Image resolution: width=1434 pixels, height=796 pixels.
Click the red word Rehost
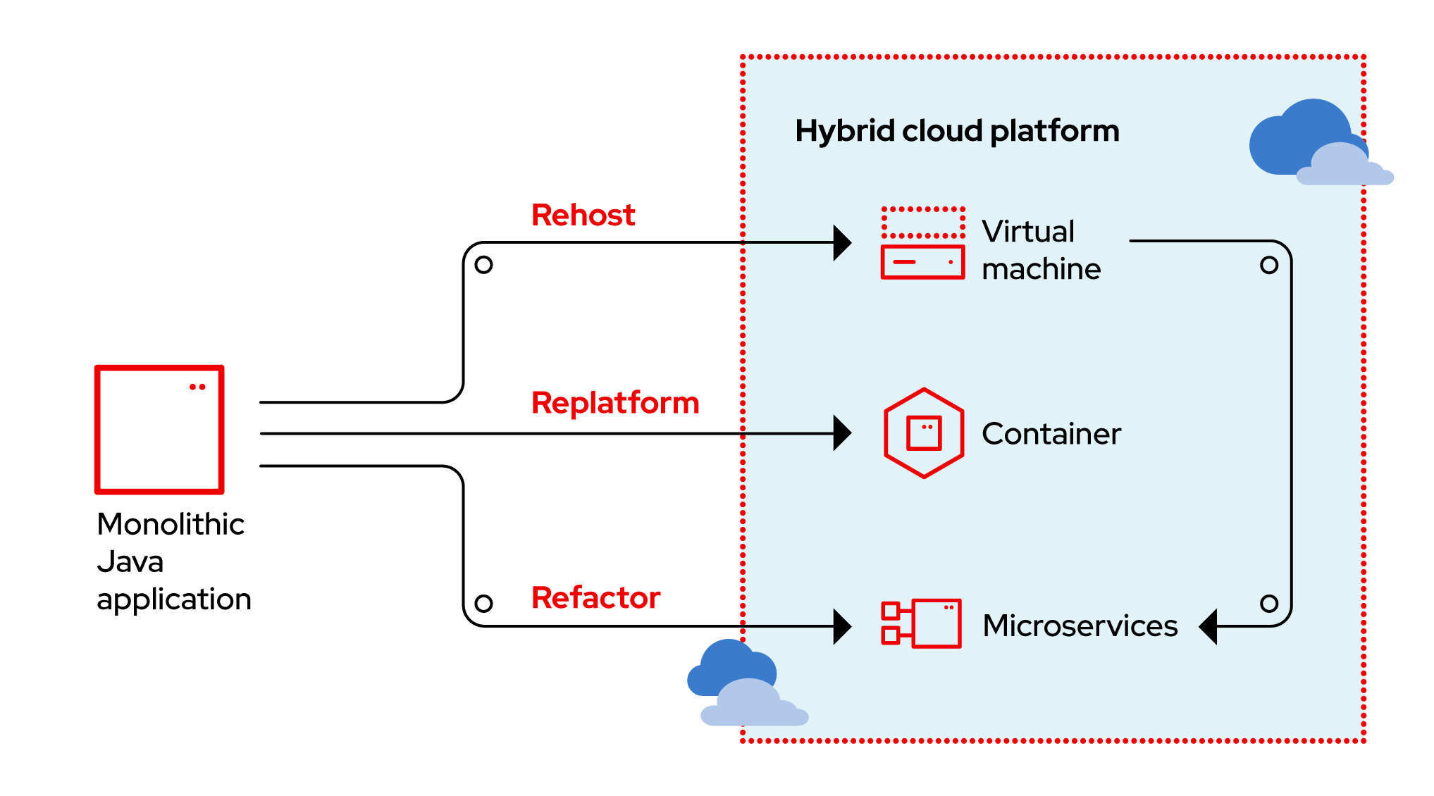[x=583, y=215]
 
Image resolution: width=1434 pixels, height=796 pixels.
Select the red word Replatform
[x=614, y=403]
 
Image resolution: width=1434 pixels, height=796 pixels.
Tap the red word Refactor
[x=595, y=597]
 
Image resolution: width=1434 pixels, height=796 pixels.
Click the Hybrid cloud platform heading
[x=957, y=131]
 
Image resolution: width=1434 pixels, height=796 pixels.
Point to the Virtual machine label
[x=1041, y=250]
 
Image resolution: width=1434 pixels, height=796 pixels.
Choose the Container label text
[x=1051, y=434]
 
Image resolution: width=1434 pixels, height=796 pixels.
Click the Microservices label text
[x=1080, y=626]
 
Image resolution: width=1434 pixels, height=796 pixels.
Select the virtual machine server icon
[x=922, y=243]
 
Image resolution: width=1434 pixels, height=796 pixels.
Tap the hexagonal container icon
[x=924, y=433]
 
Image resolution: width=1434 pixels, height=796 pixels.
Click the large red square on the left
[x=159, y=430]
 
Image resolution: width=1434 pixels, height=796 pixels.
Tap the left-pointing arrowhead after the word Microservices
[x=1209, y=626]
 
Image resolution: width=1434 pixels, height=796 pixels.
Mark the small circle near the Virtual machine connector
[x=1269, y=266]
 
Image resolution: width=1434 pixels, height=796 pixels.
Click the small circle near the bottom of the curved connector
[x=1269, y=604]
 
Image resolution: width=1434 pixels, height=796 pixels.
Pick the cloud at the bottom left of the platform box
[x=746, y=685]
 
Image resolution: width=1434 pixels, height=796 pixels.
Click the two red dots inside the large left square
[x=197, y=387]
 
